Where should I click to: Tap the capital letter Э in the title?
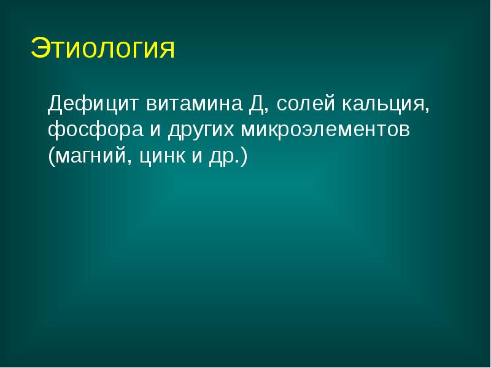(40, 49)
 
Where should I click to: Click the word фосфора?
(91, 130)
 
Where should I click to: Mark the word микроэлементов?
(325, 130)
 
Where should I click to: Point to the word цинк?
(163, 157)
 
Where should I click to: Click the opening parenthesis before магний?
(52, 157)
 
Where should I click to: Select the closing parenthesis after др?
(244, 157)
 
